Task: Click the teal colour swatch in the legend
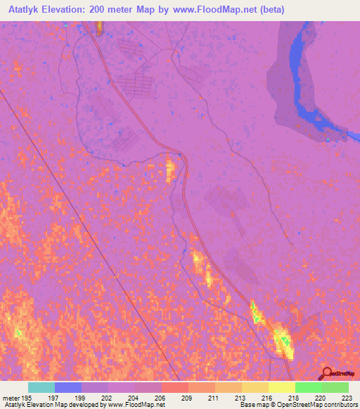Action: (41, 387)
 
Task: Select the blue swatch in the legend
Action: (68, 387)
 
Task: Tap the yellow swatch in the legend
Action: (281, 387)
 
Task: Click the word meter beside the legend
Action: (10, 397)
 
